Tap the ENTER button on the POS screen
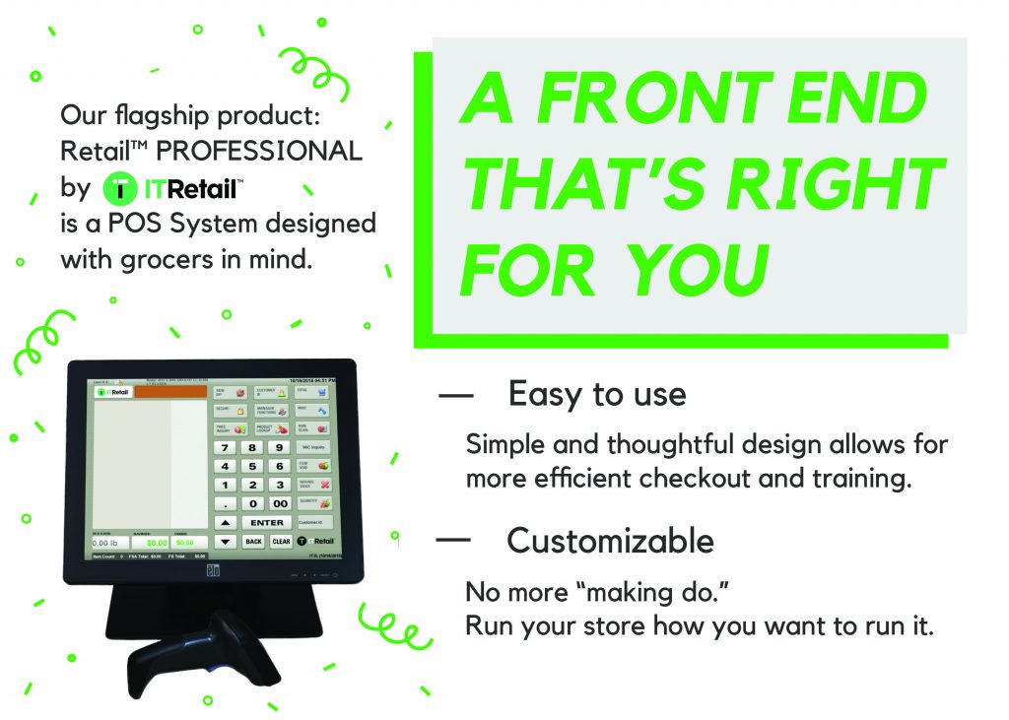[x=266, y=522]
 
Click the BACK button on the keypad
[x=253, y=541]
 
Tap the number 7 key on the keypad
[x=226, y=447]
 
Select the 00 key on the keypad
[x=280, y=503]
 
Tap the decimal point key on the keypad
[x=226, y=503]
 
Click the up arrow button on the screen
[x=226, y=522]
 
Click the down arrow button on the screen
[x=226, y=541]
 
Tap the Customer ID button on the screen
[x=315, y=520]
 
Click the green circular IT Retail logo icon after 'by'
[x=120, y=186]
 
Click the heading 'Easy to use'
[x=596, y=395]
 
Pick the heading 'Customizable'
[x=610, y=541]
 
